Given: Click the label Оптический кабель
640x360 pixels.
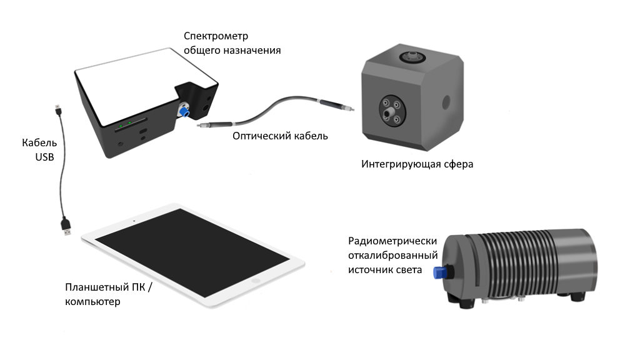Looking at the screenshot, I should pos(280,136).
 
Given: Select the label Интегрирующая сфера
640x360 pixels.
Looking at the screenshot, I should pos(417,164).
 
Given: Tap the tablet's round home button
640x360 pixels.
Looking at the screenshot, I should pos(255,282).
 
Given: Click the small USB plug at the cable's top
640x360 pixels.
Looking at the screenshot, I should pos(57,110).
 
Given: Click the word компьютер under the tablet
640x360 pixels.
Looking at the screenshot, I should pos(92,301).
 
